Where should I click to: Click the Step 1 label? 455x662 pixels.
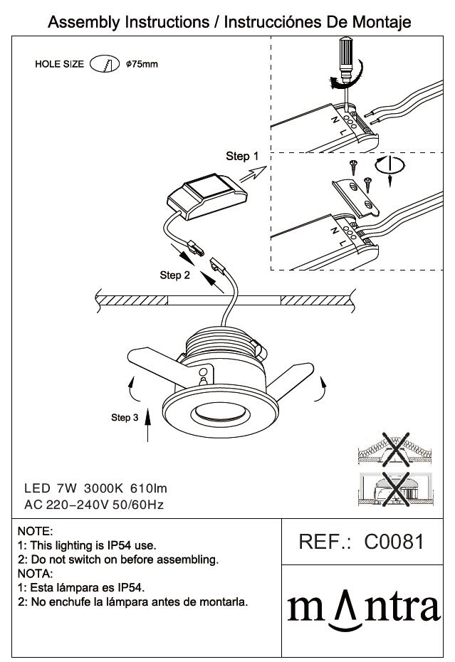[x=242, y=156]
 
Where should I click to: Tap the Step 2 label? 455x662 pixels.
[x=175, y=275]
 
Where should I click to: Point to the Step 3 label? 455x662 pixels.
[x=125, y=417]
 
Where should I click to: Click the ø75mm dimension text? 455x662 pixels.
[x=141, y=65]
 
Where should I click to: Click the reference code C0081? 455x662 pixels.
[x=394, y=542]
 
